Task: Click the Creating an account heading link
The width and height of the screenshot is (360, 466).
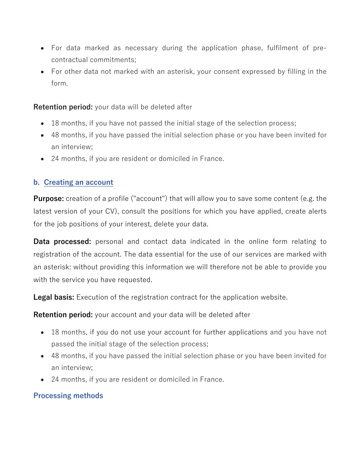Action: pyautogui.click(x=78, y=182)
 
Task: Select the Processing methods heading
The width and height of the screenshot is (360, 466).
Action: pyautogui.click(x=68, y=395)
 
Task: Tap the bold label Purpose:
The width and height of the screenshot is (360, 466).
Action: pyautogui.click(x=49, y=198)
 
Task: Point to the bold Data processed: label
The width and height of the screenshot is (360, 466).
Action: pyautogui.click(x=62, y=242)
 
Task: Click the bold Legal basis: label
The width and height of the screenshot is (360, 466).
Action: pyautogui.click(x=54, y=297)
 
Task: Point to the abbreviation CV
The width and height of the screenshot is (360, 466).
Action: pyautogui.click(x=111, y=211)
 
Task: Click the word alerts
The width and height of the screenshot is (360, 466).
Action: pyautogui.click(x=316, y=211)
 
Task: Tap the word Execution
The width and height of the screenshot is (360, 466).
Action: pyautogui.click(x=91, y=297)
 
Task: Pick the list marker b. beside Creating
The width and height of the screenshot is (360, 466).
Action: pyautogui.click(x=36, y=182)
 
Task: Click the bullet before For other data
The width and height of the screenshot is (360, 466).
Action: pyautogui.click(x=42, y=72)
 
